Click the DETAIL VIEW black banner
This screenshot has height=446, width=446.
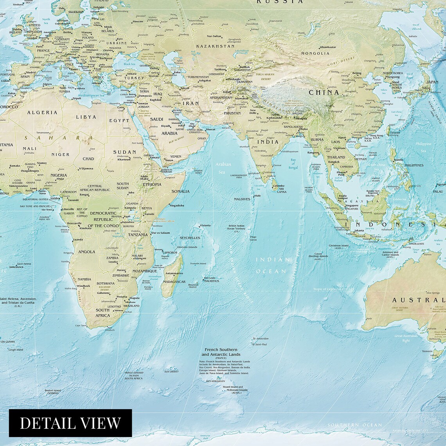pyautogui.click(x=70, y=423)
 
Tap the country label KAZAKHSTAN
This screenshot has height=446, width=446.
pyautogui.click(x=210, y=46)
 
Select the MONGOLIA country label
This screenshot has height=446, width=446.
pyautogui.click(x=315, y=53)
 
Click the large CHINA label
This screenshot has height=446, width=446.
pyautogui.click(x=324, y=93)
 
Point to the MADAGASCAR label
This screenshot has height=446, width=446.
pyautogui.click(x=174, y=282)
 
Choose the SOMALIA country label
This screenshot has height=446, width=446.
pyautogui.click(x=180, y=191)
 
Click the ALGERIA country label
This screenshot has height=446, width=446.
pyautogui.click(x=42, y=112)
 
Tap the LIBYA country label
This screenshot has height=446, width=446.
pyautogui.click(x=86, y=117)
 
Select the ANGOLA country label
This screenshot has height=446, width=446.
pyautogui.click(x=87, y=252)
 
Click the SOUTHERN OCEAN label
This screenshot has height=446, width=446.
pyautogui.click(x=355, y=425)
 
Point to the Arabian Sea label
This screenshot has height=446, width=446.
pyautogui.click(x=223, y=168)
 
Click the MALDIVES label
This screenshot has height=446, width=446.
pyautogui.click(x=242, y=199)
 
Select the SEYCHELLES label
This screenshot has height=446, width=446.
pyautogui.click(x=190, y=238)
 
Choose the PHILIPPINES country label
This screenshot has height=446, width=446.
pyautogui.click(x=414, y=165)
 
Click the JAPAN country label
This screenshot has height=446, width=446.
pyautogui.click(x=432, y=82)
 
